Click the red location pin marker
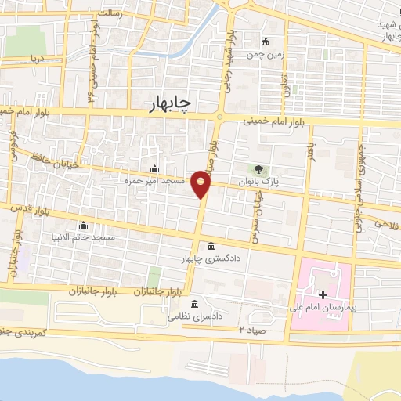click(202, 185)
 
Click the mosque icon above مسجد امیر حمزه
click(154, 168)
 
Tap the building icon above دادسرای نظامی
click(195, 304)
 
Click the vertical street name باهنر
click(311, 150)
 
